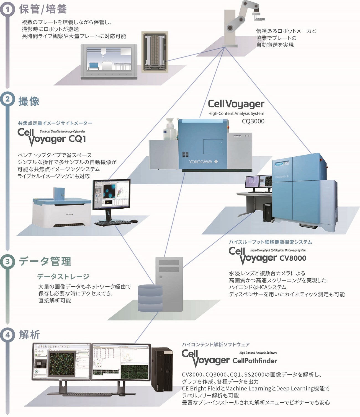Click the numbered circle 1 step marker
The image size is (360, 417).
[7, 9]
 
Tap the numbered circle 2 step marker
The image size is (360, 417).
[7, 99]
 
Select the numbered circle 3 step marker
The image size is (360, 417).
[7, 261]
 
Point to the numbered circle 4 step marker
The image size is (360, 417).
[7, 335]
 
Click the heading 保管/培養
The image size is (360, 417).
[43, 9]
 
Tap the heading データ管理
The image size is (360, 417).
[45, 261]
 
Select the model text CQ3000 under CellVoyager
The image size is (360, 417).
[253, 121]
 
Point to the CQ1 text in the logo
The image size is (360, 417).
[77, 139]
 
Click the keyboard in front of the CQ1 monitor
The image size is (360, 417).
[113, 222]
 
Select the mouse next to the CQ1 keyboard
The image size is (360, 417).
[134, 221]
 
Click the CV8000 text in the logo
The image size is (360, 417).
[293, 258]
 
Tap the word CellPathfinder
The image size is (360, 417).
[255, 361]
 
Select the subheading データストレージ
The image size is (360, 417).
[63, 276]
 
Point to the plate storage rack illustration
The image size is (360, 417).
[155, 52]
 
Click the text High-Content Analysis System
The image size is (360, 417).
[236, 113]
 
